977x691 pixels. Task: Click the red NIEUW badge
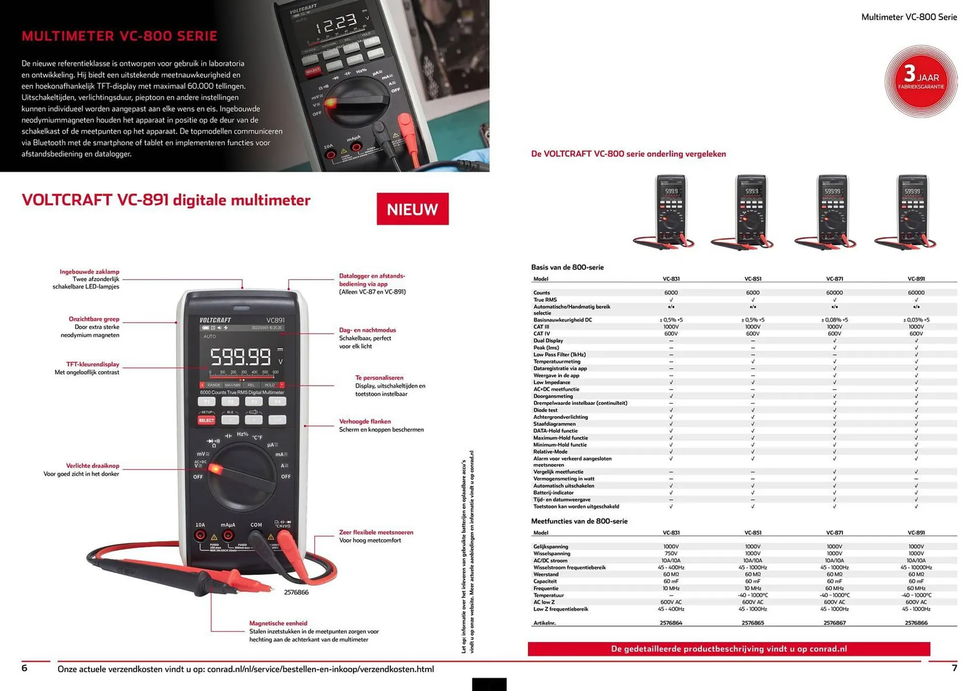point(412,209)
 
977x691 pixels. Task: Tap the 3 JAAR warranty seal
point(921,81)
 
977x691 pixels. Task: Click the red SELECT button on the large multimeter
point(206,420)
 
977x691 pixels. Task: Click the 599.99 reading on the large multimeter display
point(241,357)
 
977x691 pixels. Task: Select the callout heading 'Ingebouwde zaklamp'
point(89,272)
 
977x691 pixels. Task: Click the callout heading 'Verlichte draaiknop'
point(93,466)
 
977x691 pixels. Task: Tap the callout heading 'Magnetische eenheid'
point(278,623)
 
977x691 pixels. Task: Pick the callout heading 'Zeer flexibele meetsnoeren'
point(376,532)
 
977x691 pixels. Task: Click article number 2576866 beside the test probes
point(296,592)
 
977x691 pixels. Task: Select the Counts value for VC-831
point(671,293)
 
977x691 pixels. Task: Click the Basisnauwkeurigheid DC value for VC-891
point(916,320)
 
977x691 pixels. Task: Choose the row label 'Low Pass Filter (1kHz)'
point(559,355)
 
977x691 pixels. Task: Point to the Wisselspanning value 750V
point(671,554)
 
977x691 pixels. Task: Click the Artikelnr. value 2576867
point(834,623)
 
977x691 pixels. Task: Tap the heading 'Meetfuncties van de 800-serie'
point(579,521)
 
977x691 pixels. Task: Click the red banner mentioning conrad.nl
point(729,649)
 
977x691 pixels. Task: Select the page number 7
point(954,668)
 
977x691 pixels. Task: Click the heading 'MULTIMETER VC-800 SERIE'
point(120,36)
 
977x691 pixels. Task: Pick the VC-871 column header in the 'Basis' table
point(834,279)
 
